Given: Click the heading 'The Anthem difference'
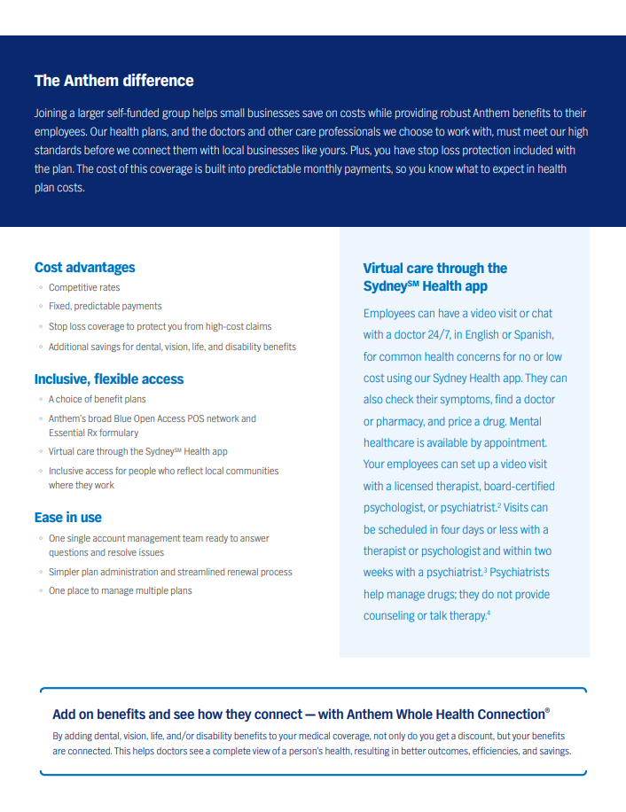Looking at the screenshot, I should click(113, 81).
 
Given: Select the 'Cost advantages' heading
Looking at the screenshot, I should click(85, 267).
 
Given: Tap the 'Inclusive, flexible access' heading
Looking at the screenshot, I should click(109, 379).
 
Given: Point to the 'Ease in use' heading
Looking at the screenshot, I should click(68, 517).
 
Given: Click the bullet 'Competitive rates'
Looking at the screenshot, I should click(84, 287).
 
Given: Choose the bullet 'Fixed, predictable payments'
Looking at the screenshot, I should click(106, 306).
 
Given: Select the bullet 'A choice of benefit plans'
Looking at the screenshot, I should click(98, 399).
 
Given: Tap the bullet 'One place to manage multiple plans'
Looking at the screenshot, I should click(121, 590).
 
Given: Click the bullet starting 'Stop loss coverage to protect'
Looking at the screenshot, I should click(160, 326).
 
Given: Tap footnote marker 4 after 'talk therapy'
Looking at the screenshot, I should click(488, 613).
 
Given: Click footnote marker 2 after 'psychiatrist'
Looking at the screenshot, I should click(500, 504).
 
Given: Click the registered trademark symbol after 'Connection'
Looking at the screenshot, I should click(547, 711).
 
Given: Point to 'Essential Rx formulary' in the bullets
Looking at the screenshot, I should click(94, 433).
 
